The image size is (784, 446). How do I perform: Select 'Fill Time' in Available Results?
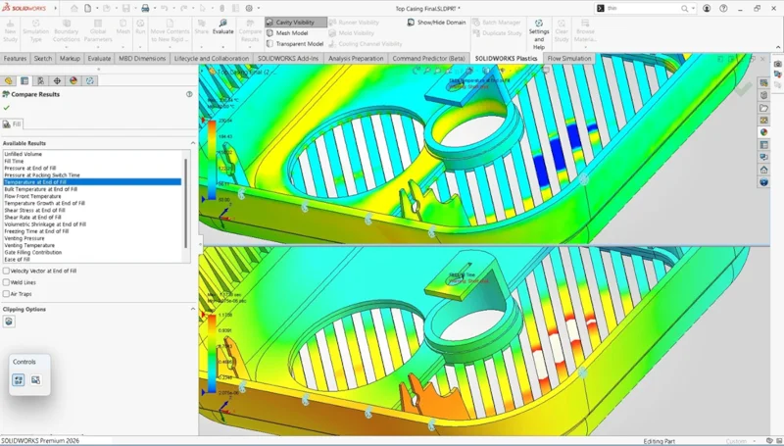pyautogui.click(x=15, y=161)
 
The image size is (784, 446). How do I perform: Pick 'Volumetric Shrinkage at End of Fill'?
pyautogui.click(x=45, y=224)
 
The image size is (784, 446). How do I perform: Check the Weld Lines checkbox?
pyautogui.click(x=7, y=282)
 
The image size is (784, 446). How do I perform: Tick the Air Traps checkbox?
pyautogui.click(x=7, y=293)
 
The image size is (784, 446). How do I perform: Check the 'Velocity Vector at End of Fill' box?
pyautogui.click(x=7, y=271)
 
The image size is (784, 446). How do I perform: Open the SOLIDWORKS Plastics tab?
pyautogui.click(x=506, y=59)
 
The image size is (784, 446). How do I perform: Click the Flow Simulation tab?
pyautogui.click(x=569, y=59)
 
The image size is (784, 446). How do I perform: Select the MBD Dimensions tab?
pyautogui.click(x=142, y=59)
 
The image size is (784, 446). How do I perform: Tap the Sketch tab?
pyautogui.click(x=43, y=59)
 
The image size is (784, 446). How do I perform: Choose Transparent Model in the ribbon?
pyautogui.click(x=295, y=44)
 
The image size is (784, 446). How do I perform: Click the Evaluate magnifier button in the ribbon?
pyautogui.click(x=223, y=26)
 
